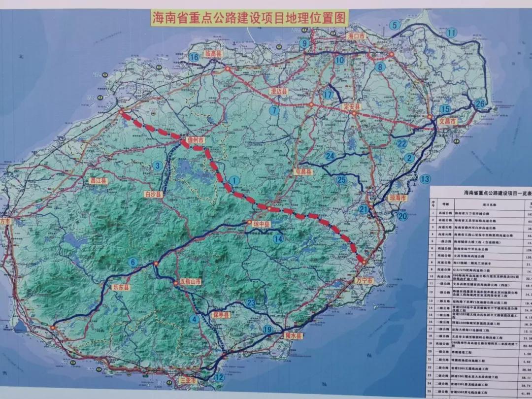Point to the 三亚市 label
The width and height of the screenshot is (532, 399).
tap(188, 381)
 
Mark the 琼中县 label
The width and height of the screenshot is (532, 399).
tap(262, 224)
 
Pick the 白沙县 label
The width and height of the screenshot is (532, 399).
tap(152, 195)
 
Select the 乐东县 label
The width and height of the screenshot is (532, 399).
tap(119, 287)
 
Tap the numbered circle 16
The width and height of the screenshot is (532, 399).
tap(194, 58)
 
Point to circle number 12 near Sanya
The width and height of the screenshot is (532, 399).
tap(219, 377)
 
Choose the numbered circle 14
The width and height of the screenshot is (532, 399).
tap(278, 239)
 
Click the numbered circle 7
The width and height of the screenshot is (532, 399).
tap(274, 111)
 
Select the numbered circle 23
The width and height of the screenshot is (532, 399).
tap(251, 303)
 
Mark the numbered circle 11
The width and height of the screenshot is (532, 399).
tap(451, 33)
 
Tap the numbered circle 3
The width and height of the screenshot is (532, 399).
tap(158, 166)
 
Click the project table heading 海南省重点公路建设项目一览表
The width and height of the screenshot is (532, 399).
tap(497, 194)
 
